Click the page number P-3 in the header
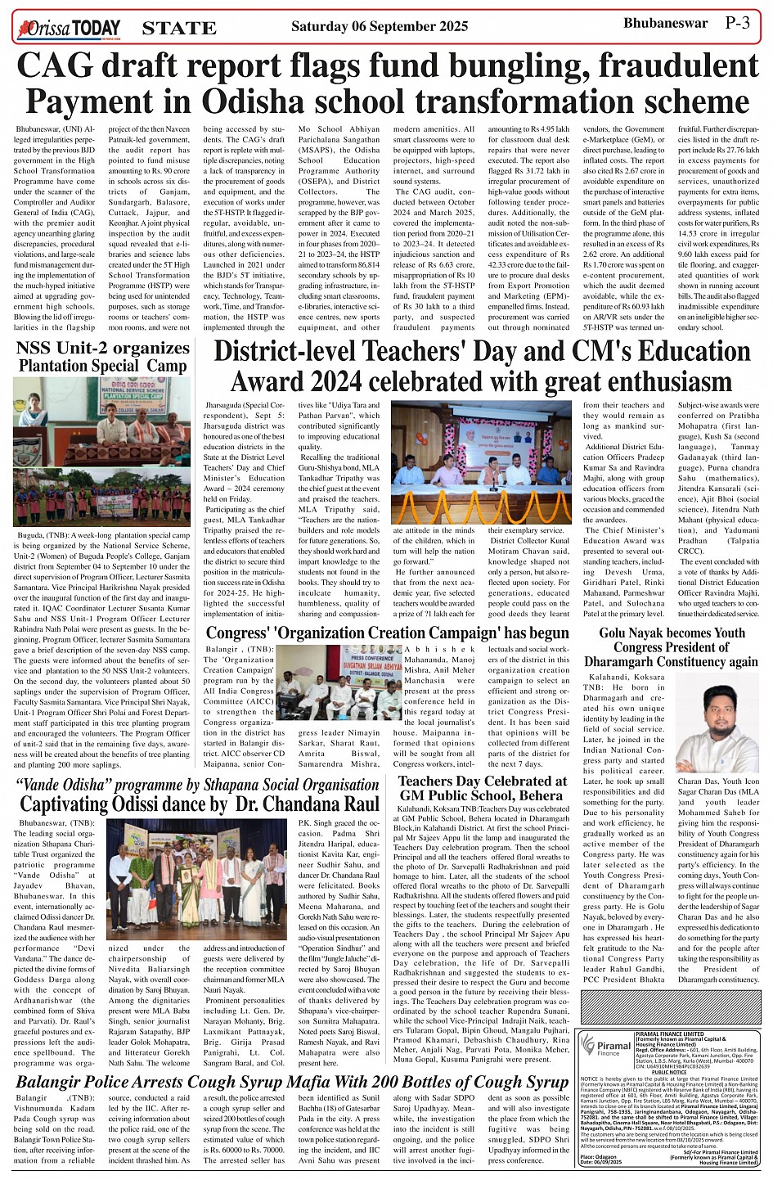tap(736, 24)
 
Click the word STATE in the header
tap(179, 29)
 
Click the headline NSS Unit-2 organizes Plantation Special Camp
tap(103, 357)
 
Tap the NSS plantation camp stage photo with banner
tap(102, 421)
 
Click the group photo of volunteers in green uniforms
tap(102, 498)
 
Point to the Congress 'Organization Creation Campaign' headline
tap(387, 633)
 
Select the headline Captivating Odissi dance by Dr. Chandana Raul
tap(200, 804)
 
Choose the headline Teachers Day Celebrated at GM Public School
tap(483, 787)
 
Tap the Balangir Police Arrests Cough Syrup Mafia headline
tap(292, 1082)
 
